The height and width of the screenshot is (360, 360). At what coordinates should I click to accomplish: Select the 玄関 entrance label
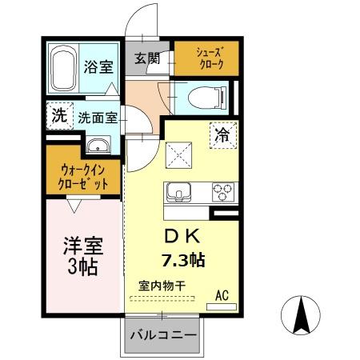(x=147, y=58)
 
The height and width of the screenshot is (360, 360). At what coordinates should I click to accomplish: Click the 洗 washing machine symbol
(x=58, y=115)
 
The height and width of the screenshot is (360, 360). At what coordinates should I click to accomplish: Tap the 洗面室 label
(x=98, y=118)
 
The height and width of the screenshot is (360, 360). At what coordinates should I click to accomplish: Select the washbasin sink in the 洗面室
(x=99, y=146)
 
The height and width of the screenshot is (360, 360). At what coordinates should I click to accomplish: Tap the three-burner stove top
(x=222, y=192)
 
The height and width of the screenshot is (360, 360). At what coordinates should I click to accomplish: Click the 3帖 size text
(x=82, y=266)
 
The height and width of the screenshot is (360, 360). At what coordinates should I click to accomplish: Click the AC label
(x=222, y=296)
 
